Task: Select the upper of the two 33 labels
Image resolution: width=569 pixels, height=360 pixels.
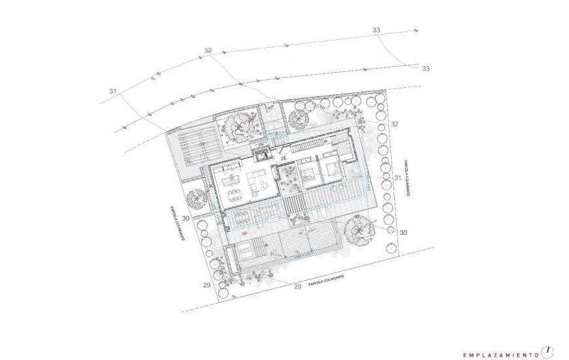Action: pyautogui.click(x=376, y=30)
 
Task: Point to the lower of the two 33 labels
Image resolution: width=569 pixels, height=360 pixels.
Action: pyautogui.click(x=426, y=68)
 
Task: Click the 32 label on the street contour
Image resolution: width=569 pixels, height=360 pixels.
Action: pyautogui.click(x=208, y=50)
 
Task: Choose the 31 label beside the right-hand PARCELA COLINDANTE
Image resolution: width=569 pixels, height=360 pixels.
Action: pyautogui.click(x=397, y=177)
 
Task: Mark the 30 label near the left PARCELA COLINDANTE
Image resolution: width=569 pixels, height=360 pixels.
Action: pyautogui.click(x=185, y=218)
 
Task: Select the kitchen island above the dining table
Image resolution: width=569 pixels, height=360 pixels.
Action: pyautogui.click(x=232, y=179)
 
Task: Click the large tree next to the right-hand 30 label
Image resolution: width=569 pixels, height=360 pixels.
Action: pyautogui.click(x=359, y=228)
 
